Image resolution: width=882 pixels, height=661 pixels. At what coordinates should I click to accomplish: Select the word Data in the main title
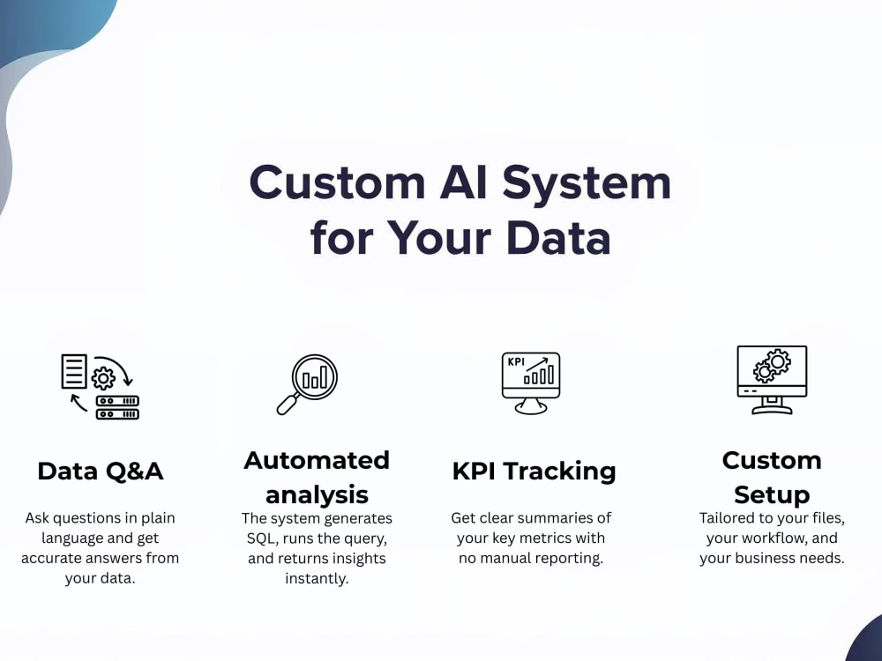click(x=558, y=237)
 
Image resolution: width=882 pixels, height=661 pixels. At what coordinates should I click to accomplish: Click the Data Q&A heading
click(x=101, y=471)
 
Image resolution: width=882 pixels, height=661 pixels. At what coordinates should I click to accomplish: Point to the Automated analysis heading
click(x=317, y=478)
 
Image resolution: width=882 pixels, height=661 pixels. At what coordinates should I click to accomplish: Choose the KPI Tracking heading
click(x=534, y=471)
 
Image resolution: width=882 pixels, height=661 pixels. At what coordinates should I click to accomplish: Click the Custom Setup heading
click(x=772, y=478)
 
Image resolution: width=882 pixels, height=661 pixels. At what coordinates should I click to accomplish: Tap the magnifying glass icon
click(x=307, y=384)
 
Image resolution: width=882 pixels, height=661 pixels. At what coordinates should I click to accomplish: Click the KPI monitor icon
click(x=531, y=383)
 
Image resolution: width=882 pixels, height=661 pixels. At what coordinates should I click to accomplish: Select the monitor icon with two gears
click(x=772, y=380)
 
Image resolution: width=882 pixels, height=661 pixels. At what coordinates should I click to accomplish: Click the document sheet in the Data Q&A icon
click(x=74, y=371)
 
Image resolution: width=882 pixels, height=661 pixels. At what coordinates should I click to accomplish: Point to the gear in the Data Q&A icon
click(x=103, y=378)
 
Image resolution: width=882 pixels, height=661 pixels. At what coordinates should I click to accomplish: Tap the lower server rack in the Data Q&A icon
click(x=117, y=414)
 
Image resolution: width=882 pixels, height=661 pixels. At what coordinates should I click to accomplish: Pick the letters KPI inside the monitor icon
click(x=516, y=362)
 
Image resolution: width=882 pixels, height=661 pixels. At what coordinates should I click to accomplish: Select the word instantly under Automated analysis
click(x=317, y=578)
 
